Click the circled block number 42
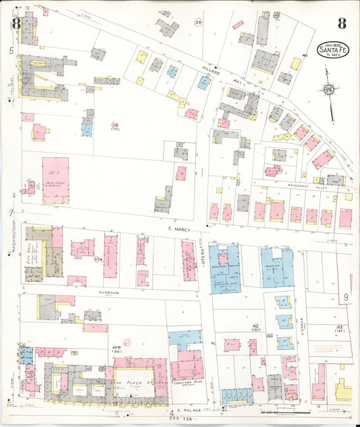coord(255,326)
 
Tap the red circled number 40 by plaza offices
coord(126,343)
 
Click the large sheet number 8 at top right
coord(342,24)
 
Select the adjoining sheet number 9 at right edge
coord(344,297)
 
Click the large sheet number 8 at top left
coord(15,23)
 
